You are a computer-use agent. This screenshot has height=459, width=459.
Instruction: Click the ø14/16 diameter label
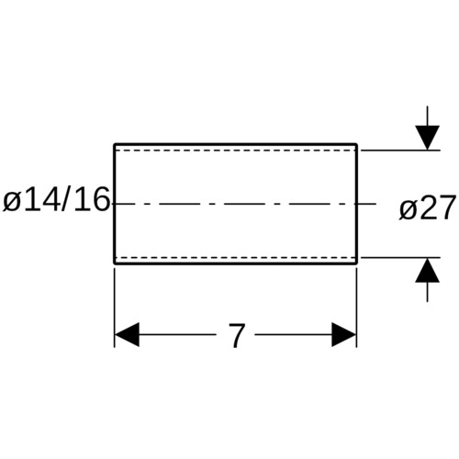(56, 199)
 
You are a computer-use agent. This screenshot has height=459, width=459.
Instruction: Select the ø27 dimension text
(427, 207)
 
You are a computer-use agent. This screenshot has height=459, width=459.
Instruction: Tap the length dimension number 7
(237, 335)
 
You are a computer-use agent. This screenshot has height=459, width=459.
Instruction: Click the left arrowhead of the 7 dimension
(127, 334)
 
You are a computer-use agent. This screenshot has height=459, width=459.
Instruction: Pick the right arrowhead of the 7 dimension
(344, 334)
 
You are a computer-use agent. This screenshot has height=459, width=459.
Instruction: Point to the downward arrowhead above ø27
(428, 138)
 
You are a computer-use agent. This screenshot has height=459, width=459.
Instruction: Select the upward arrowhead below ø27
(428, 270)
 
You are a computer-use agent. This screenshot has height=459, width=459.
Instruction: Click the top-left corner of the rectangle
(115, 144)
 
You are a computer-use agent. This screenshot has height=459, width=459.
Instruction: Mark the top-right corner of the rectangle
(357, 144)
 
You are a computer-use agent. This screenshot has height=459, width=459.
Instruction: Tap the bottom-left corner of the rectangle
(115, 263)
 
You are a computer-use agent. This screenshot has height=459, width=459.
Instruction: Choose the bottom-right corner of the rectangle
(357, 263)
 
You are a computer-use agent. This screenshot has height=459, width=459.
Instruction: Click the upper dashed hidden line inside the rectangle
(236, 151)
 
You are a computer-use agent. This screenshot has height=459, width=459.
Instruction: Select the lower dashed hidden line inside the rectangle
(236, 257)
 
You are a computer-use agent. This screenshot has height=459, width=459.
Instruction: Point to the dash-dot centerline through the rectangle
(244, 204)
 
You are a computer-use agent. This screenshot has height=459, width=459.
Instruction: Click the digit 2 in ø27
(428, 207)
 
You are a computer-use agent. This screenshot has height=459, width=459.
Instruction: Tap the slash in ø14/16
(66, 199)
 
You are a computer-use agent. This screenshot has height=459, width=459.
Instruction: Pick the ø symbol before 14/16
(12, 202)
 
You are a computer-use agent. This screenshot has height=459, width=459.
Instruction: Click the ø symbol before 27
(408, 210)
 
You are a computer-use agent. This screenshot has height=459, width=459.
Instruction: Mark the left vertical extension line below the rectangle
(115, 308)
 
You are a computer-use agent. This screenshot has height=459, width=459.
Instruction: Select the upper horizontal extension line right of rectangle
(400, 151)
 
